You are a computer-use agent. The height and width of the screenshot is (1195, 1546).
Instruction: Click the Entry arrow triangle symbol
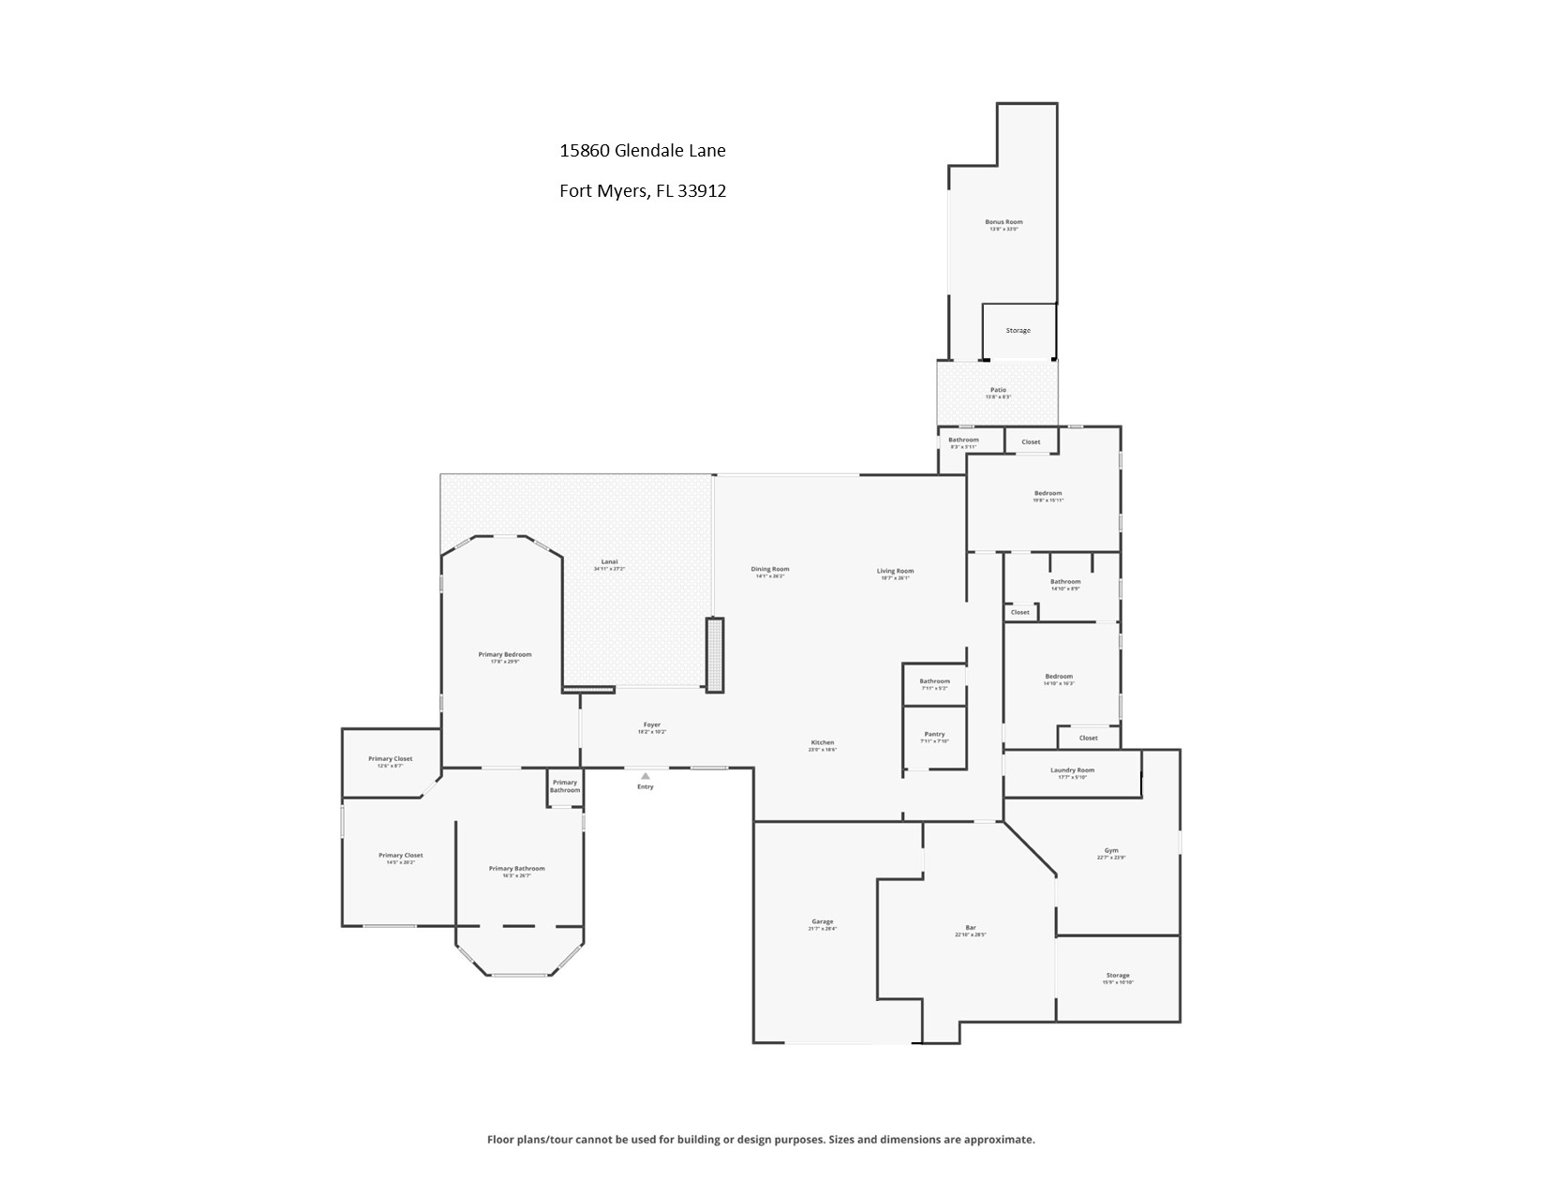(x=645, y=776)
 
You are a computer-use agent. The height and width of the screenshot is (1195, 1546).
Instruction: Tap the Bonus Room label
(x=1003, y=222)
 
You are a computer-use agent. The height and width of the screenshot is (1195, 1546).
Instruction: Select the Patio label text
(x=998, y=390)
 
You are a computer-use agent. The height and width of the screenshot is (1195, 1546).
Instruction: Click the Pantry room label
(x=934, y=734)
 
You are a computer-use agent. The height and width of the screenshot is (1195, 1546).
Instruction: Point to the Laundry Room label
(x=1072, y=770)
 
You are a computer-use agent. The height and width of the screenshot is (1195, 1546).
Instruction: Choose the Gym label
(x=1111, y=851)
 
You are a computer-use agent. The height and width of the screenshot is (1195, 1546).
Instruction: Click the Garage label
(x=822, y=921)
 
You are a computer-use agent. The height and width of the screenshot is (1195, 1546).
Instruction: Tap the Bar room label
(x=971, y=928)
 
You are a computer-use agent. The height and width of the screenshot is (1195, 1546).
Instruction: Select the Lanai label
(x=609, y=561)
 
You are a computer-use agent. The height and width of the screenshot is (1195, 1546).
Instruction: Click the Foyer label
(x=652, y=724)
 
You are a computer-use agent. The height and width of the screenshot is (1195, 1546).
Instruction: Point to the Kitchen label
(x=822, y=742)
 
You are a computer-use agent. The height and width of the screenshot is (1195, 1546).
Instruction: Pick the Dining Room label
(x=770, y=569)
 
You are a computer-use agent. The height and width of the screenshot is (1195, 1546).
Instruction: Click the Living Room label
(x=895, y=571)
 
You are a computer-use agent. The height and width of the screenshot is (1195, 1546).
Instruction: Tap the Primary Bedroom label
(x=505, y=654)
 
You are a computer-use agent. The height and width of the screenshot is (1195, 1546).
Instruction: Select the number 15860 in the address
(x=585, y=150)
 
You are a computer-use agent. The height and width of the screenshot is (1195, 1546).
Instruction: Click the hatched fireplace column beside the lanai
(x=715, y=654)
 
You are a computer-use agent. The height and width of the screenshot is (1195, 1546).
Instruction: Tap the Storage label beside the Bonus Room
(x=1018, y=331)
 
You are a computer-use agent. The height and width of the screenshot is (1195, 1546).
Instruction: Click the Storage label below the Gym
(x=1118, y=976)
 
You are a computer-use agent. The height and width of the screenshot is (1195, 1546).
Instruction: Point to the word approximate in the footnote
(x=1003, y=1140)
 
